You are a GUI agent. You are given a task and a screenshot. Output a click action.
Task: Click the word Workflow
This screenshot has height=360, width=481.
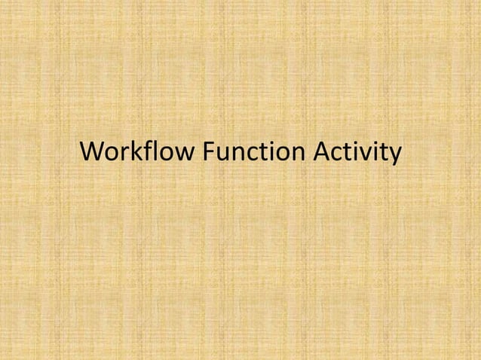pos(137,152)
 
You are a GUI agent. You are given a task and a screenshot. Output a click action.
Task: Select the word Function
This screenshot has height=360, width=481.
pos(251,152)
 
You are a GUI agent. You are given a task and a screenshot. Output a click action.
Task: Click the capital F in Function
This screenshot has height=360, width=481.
pos(209,152)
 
